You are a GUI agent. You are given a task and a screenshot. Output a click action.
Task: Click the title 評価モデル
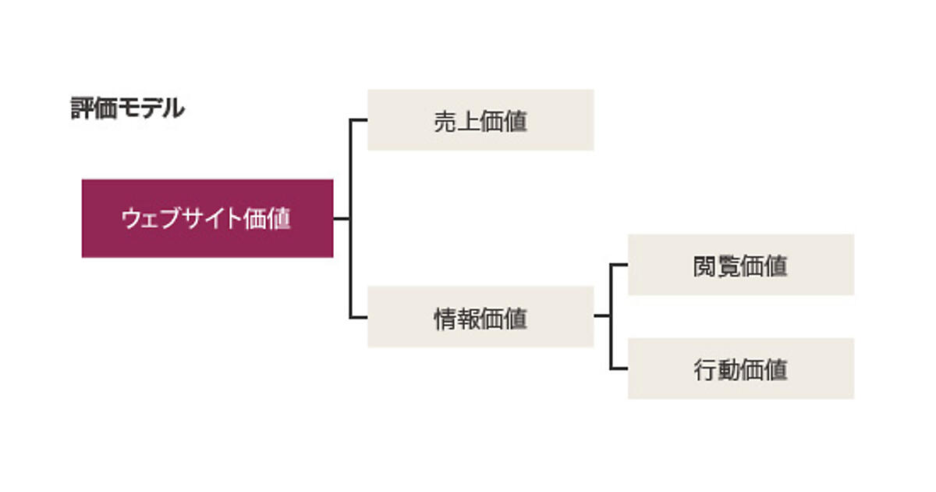tap(127, 109)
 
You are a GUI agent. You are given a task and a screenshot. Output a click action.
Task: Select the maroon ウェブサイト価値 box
tap(207, 219)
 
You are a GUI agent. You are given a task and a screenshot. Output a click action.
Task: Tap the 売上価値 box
tap(480, 119)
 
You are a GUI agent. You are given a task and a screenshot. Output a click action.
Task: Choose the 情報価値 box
tap(480, 316)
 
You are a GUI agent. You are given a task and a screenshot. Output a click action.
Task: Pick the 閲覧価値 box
tap(741, 265)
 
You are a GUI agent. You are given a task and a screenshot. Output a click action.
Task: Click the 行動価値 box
tap(741, 369)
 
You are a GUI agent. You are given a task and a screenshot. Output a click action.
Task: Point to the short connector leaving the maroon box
tap(342, 219)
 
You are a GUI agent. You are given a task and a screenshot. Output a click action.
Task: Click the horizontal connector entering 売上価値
tap(359, 119)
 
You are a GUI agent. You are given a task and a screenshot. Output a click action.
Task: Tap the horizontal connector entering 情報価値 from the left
tap(359, 317)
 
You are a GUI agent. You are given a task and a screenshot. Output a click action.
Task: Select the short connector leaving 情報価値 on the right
tap(601, 316)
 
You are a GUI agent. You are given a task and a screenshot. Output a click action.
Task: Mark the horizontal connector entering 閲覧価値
tap(619, 265)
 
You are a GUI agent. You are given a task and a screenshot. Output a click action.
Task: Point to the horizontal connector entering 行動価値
tap(619, 369)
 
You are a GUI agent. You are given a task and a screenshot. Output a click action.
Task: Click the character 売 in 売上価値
tap(445, 121)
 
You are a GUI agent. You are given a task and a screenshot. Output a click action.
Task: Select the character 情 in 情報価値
tap(445, 318)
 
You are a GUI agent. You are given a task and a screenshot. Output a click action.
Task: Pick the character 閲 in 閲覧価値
tap(705, 266)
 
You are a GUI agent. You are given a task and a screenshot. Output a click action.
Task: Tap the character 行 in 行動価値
tap(705, 370)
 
